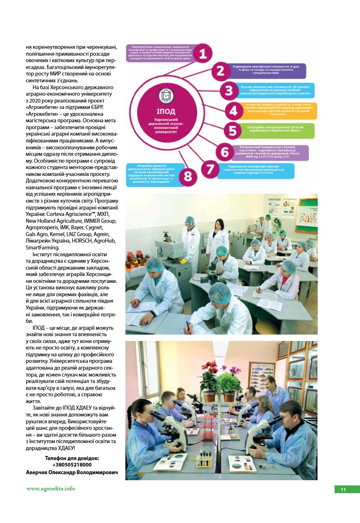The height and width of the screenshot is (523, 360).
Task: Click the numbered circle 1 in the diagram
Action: click(203, 53)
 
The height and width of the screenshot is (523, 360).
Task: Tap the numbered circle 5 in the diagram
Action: click(232, 131)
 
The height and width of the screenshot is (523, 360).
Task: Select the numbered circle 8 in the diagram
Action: click(188, 177)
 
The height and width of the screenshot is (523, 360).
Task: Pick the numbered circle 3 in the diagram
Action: click(229, 90)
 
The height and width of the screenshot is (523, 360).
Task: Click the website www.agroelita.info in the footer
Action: click(50, 489)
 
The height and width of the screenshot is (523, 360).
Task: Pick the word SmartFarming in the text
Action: click(42, 247)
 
